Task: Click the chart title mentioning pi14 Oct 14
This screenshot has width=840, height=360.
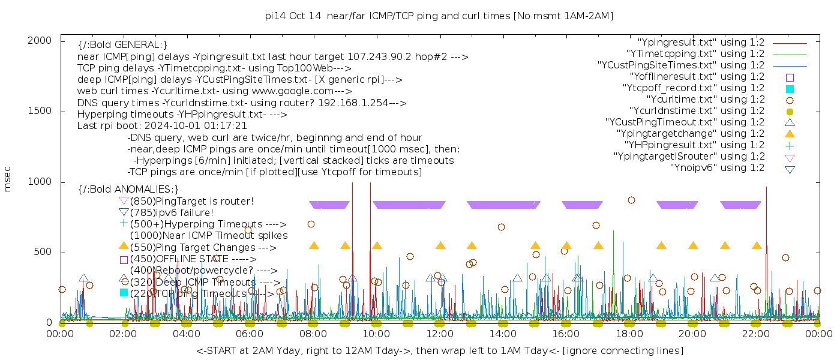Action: click(439, 16)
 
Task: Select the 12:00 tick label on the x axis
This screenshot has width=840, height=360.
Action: click(439, 334)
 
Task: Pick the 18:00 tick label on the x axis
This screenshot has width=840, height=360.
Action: click(629, 334)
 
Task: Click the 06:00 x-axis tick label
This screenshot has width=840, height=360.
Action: click(250, 334)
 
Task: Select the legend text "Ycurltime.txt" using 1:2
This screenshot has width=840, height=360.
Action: click(705, 99)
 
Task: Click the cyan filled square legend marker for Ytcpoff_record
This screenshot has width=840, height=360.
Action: click(790, 88)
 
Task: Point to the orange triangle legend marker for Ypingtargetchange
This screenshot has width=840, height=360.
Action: click(790, 133)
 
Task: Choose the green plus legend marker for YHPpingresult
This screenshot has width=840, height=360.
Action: click(790, 145)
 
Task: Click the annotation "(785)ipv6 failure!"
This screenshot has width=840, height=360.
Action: click(172, 212)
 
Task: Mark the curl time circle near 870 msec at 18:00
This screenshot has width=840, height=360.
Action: click(631, 200)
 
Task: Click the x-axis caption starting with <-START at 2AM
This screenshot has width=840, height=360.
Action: click(439, 350)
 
